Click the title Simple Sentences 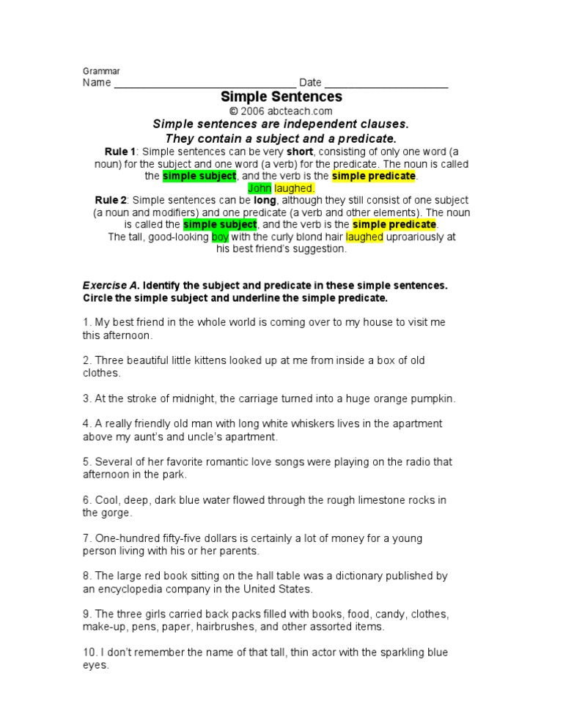click(281, 97)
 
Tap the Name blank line click(205, 84)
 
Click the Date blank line click(386, 84)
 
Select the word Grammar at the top click(100, 71)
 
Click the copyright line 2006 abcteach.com click(281, 111)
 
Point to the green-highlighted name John click(260, 188)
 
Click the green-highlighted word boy click(220, 237)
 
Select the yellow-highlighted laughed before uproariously click(364, 237)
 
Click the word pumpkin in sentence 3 click(433, 398)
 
